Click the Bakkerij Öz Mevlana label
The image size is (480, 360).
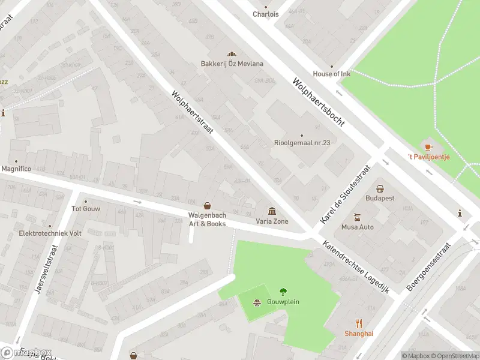click(232, 64)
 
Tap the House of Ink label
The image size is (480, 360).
click(331, 74)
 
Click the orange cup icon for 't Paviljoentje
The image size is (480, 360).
click(428, 146)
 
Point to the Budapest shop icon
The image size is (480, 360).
click(380, 188)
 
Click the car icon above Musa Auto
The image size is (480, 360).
click(357, 217)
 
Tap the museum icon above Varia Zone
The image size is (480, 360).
click(272, 211)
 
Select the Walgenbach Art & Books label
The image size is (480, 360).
click(207, 219)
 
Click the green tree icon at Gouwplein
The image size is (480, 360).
click(283, 292)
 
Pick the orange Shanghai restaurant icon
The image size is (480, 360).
click(359, 323)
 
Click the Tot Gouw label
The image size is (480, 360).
click(86, 209)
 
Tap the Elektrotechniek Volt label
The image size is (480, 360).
click(50, 233)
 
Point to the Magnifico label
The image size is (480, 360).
click(16, 169)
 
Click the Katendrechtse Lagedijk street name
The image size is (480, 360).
click(356, 267)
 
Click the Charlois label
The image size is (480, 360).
click(265, 14)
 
